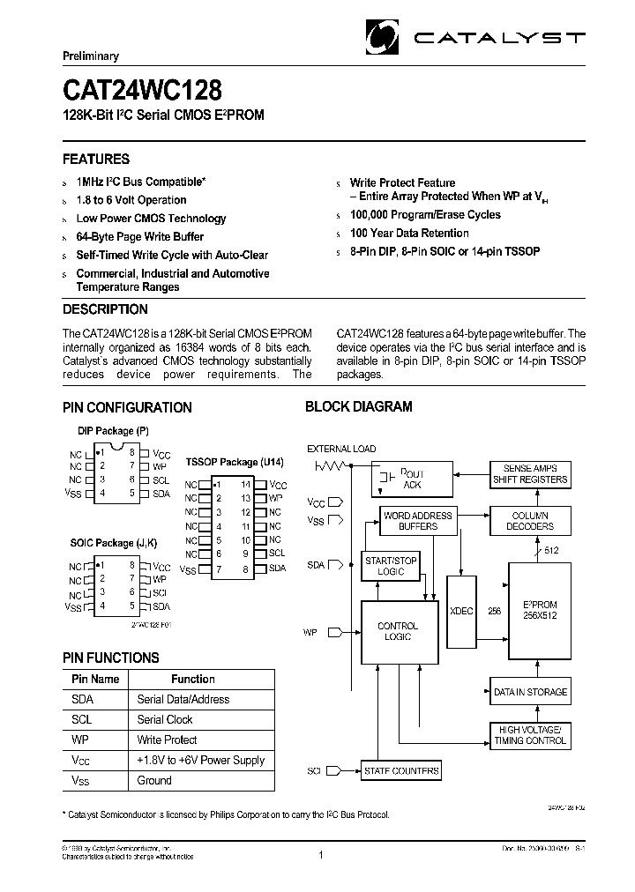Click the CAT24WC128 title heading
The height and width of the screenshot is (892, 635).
142,91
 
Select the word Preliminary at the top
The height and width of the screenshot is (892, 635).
90,56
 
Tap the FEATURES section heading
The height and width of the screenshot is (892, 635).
96,160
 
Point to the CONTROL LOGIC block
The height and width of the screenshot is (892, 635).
398,631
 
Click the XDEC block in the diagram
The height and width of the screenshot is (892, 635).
460,609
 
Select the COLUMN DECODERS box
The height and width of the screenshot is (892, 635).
530,521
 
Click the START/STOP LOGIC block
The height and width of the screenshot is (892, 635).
391,566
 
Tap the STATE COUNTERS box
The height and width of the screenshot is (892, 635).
401,771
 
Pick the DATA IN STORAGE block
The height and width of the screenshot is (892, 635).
529,692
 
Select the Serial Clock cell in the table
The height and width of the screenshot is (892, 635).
166,720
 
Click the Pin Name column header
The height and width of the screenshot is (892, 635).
95,680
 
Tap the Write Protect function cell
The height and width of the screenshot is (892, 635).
168,740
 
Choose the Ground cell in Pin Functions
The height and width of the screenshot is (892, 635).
155,781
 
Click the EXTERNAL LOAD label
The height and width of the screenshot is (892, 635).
341,450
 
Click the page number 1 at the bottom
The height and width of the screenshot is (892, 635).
319,856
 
